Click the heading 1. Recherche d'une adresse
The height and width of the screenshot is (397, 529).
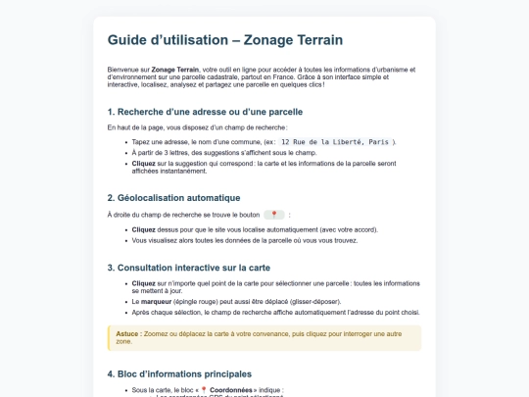[x=205, y=112]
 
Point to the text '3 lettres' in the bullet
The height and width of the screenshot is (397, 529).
[x=169, y=153]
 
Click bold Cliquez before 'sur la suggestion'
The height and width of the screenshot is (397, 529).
[x=144, y=163]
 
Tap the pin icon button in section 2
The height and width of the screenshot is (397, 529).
[x=274, y=215]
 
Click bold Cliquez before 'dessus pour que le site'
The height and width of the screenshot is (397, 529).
[x=144, y=229]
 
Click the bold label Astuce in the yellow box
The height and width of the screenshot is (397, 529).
[x=127, y=333]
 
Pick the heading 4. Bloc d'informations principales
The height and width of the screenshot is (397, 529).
[x=179, y=373]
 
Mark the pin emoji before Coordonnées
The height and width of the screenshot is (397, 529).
[x=204, y=390]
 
